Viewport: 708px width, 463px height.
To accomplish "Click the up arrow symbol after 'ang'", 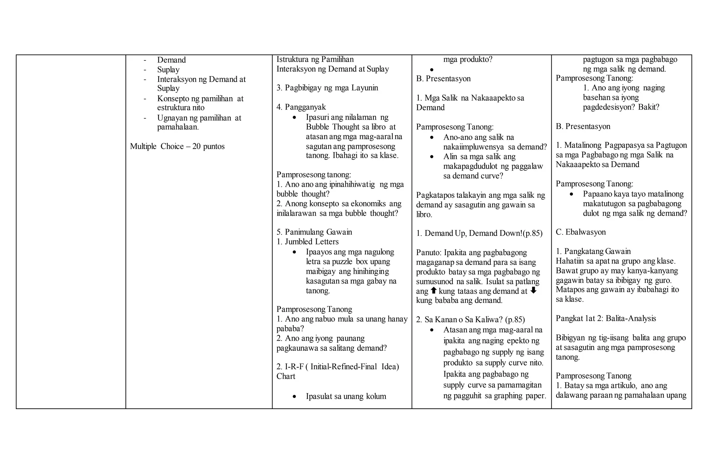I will [x=434, y=290].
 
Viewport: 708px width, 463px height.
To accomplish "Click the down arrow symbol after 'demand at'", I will [x=533, y=290].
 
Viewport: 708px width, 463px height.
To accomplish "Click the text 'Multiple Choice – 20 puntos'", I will [x=177, y=146].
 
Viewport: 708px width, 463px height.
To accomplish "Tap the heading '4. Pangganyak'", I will [x=301, y=107].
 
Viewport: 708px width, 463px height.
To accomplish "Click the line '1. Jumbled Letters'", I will [x=307, y=242].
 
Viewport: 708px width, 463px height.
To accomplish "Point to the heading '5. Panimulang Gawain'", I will [x=314, y=232].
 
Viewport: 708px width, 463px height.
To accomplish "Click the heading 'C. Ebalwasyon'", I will [x=580, y=232].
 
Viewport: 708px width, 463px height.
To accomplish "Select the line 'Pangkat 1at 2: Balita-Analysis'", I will [x=606, y=318].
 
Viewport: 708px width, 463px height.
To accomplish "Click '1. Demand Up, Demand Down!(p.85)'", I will [x=479, y=233].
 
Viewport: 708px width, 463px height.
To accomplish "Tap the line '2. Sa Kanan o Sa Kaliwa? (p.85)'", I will [x=470, y=320].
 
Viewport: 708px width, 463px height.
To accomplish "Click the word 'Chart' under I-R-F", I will [x=286, y=377].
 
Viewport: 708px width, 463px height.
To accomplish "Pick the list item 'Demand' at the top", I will [x=171, y=60].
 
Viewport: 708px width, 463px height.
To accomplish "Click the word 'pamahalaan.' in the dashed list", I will [x=178, y=127].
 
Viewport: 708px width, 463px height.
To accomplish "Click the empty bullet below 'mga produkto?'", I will [x=432, y=70].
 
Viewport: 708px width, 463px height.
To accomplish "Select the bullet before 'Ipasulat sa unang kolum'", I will [x=294, y=397].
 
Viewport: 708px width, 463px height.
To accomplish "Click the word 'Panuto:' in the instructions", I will [x=429, y=253].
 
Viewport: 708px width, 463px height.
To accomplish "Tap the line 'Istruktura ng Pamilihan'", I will [x=315, y=59].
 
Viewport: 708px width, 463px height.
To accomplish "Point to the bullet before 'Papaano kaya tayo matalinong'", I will [x=571, y=195].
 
